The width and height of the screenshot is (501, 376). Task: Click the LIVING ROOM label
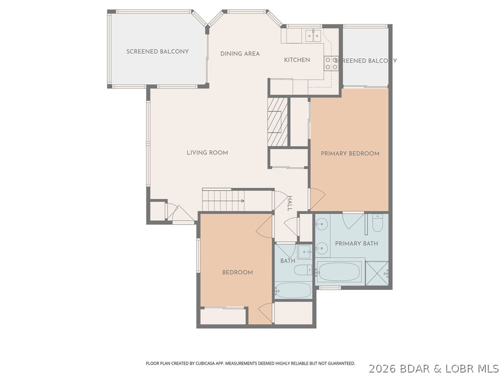[207, 153]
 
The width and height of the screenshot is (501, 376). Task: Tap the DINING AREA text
[240, 54]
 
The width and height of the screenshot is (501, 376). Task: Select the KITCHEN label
[297, 60]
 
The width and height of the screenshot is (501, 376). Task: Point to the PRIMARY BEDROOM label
[350, 154]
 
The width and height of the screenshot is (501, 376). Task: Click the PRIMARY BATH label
[356, 243]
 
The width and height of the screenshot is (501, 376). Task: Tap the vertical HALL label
[289, 203]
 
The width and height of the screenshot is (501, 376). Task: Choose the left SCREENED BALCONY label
[157, 51]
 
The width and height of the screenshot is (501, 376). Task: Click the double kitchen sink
[313, 34]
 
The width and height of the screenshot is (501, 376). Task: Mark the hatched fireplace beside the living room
[277, 121]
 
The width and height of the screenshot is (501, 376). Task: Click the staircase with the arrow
[223, 200]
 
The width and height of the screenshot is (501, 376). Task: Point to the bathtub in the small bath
[293, 290]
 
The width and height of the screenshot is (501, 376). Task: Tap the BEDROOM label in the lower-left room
[237, 272]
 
